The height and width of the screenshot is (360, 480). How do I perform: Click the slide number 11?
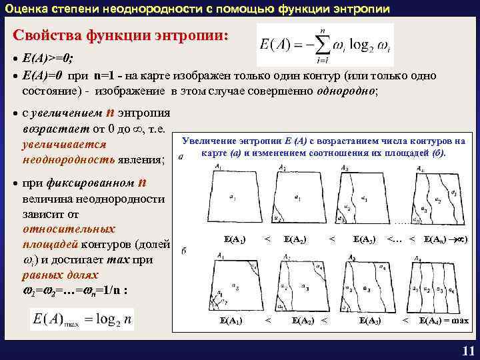click(x=467, y=352)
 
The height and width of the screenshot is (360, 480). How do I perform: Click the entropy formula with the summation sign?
click(x=325, y=45)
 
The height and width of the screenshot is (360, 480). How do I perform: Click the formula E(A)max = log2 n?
click(x=81, y=319)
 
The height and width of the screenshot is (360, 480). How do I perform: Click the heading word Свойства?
click(x=49, y=34)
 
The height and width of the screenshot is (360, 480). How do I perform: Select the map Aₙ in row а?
click(x=436, y=197)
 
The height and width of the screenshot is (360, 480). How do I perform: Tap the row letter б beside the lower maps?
click(x=183, y=249)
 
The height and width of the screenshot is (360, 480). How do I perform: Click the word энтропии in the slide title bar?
click(x=359, y=8)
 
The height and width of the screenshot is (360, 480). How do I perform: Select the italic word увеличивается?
click(x=65, y=145)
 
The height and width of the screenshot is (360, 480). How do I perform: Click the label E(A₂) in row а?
click(x=295, y=237)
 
